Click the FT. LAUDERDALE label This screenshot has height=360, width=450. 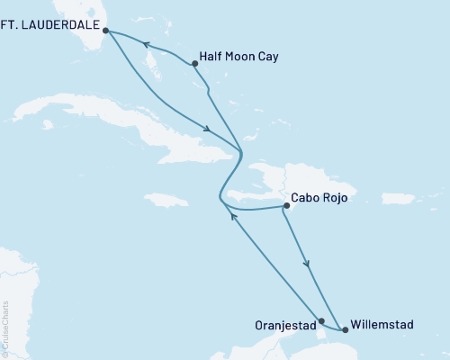pyautogui.click(x=47, y=29)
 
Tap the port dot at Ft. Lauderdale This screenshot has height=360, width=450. pyautogui.click(x=105, y=30)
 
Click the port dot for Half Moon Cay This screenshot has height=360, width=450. pyautogui.click(x=195, y=63)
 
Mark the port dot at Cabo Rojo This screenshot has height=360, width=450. pyautogui.click(x=286, y=206)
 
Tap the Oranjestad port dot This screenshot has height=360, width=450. pyautogui.click(x=321, y=319)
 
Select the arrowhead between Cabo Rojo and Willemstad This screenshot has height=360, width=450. pyautogui.click(x=309, y=265)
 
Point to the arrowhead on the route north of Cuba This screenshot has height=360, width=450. pyautogui.click(x=209, y=128)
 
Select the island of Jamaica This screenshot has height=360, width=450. pyautogui.click(x=181, y=191)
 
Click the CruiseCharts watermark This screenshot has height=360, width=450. pyautogui.click(x=5, y=328)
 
